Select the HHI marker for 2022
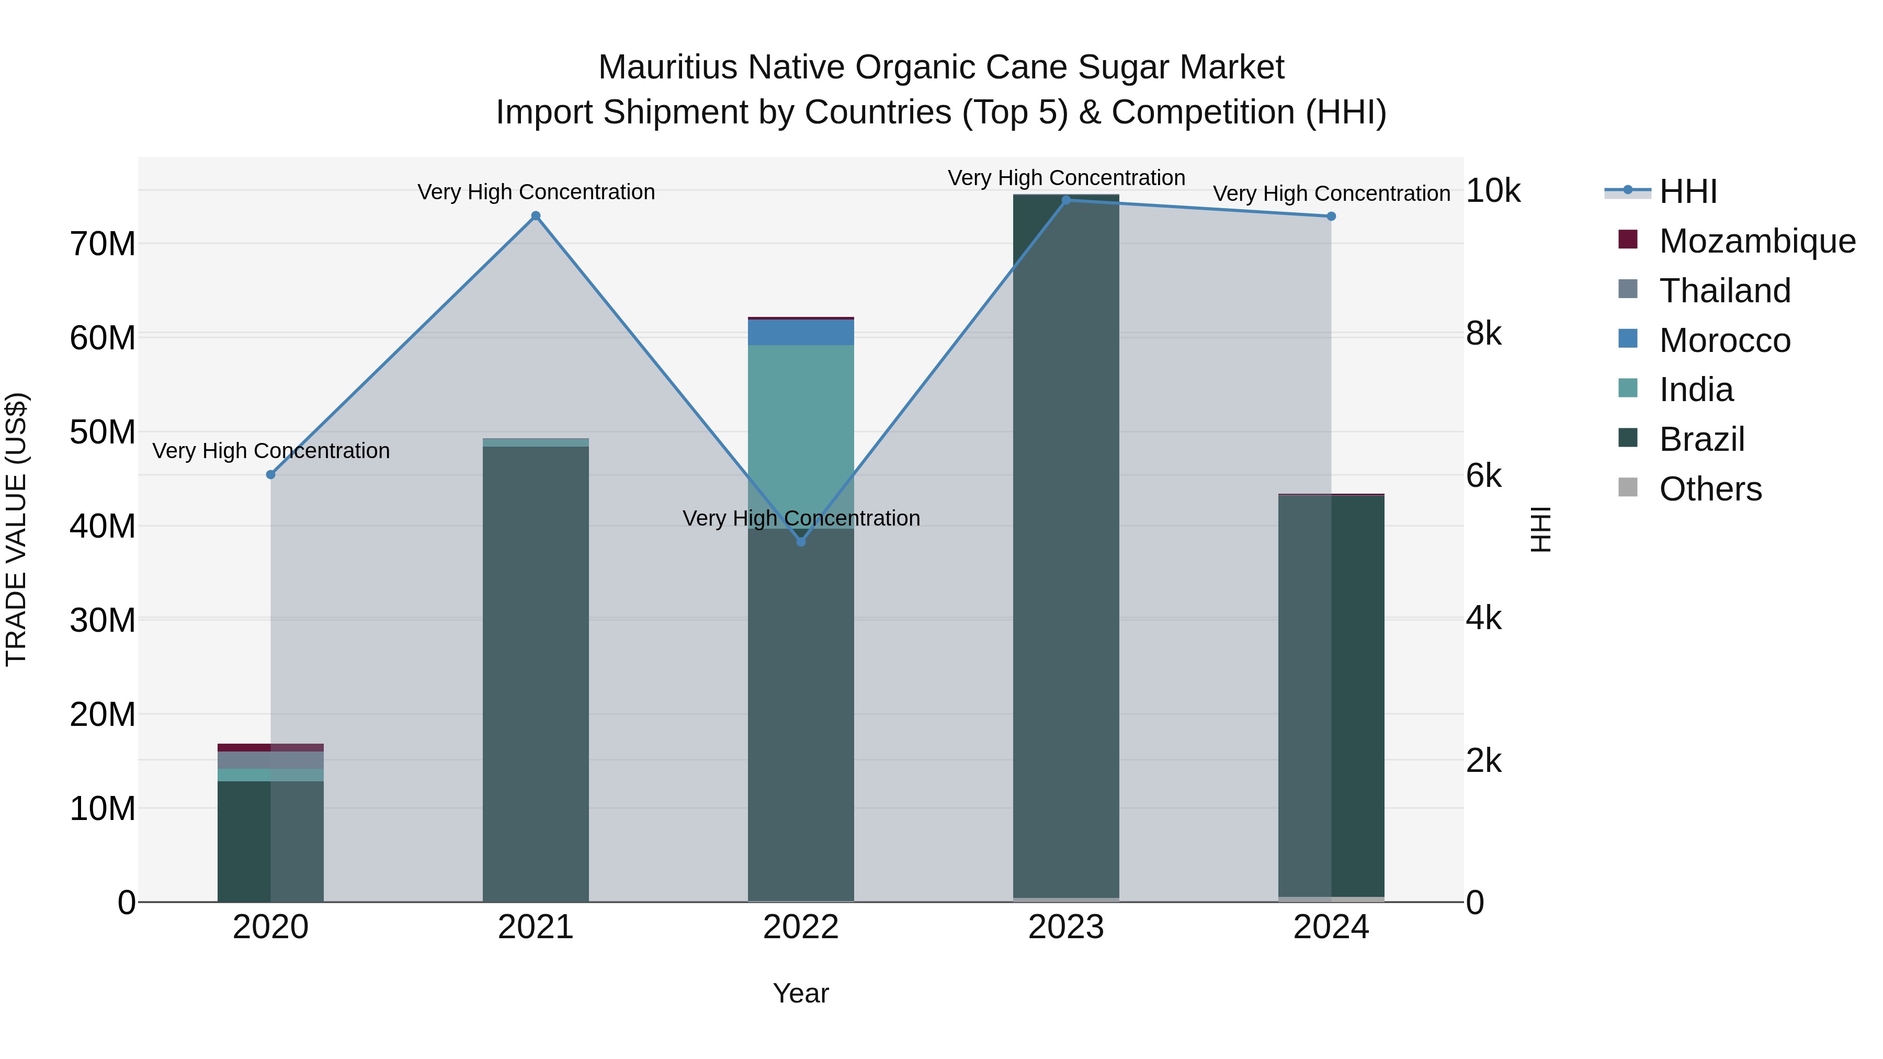pos(800,542)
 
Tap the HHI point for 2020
pos(270,474)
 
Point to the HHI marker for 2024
pos(1331,217)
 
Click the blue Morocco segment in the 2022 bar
pos(800,333)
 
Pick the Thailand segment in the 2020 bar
pos(270,759)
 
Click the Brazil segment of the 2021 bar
pos(535,673)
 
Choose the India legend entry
pos(1696,390)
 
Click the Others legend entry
pos(1710,489)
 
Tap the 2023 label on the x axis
pos(1066,927)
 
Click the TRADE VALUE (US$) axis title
pos(17,529)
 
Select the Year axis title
pos(800,993)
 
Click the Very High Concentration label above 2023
pos(1066,178)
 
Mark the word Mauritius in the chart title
pos(667,67)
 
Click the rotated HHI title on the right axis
pos(1540,529)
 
